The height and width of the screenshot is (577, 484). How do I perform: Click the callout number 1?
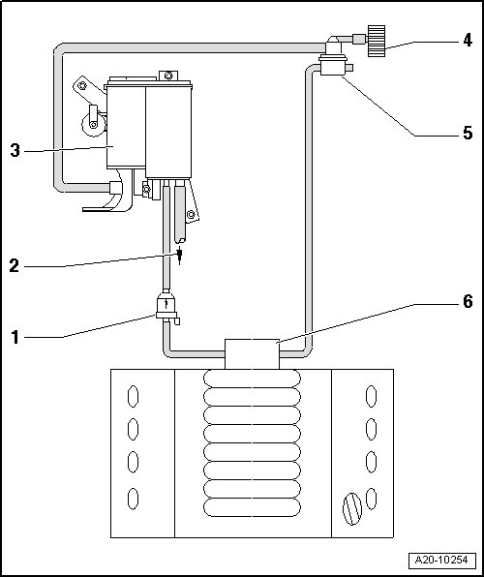tap(15, 338)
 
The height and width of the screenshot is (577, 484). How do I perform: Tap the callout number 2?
tap(14, 265)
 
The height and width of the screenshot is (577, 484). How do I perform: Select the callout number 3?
tap(15, 150)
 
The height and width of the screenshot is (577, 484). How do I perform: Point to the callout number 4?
tap(468, 40)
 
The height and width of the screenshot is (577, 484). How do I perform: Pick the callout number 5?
tap(468, 133)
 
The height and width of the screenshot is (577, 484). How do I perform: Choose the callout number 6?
tap(468, 301)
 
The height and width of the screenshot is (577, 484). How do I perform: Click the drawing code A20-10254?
tap(441, 561)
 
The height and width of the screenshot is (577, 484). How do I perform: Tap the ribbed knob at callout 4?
tap(377, 41)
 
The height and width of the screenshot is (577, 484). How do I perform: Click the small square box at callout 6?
tap(252, 354)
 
